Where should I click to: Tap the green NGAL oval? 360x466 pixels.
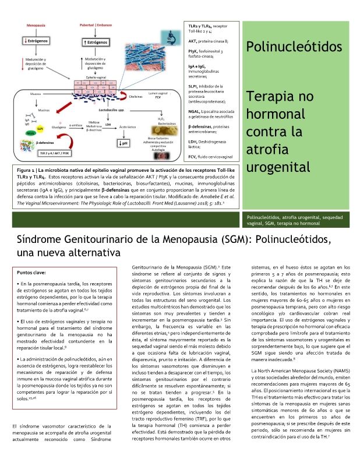pyautogui.click(x=30, y=133)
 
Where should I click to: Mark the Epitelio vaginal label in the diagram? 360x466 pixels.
pyautogui.click(x=97, y=76)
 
